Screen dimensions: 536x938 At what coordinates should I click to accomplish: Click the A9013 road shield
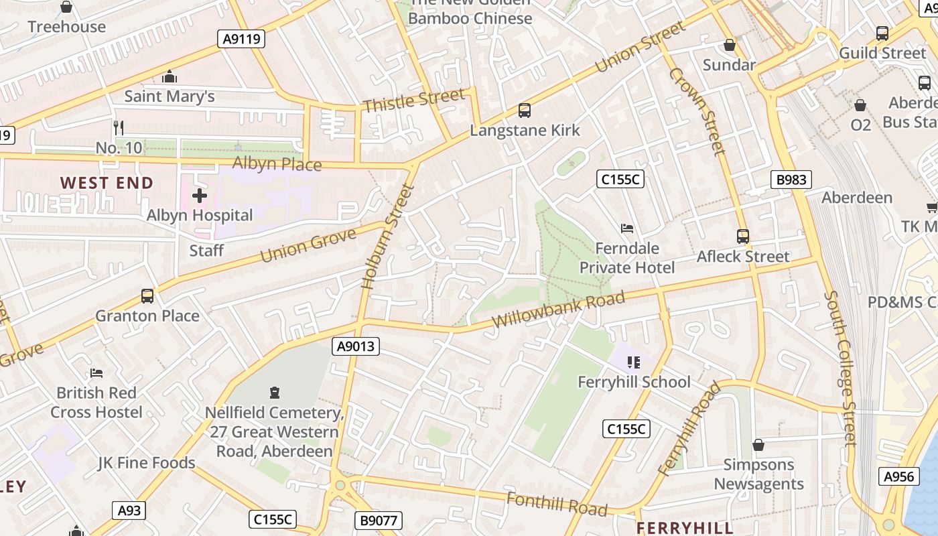tap(356, 346)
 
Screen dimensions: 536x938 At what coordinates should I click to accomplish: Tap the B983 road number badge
tap(791, 180)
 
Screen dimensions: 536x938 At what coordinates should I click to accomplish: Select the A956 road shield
tap(898, 476)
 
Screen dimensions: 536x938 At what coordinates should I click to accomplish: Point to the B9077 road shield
tap(377, 520)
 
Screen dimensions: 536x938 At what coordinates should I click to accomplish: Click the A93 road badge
tap(129, 511)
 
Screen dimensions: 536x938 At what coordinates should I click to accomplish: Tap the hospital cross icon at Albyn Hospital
tap(200, 196)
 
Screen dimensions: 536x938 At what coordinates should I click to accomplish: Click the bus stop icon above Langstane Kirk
tap(525, 111)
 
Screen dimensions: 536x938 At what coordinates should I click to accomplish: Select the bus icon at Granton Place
tap(147, 296)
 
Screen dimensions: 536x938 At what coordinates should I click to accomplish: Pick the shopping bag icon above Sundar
tap(729, 46)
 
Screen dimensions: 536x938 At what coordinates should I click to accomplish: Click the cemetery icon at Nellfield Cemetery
tap(274, 392)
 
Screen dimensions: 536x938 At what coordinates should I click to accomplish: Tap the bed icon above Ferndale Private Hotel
tap(627, 228)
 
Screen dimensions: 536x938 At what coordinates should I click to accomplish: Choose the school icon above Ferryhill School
tap(634, 362)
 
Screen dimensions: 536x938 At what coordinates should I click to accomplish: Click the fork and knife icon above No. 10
tap(119, 127)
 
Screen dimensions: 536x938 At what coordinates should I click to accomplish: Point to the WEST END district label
tap(107, 183)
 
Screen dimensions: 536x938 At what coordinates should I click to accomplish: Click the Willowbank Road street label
tap(558, 310)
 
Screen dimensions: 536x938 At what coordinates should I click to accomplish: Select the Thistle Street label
tap(413, 100)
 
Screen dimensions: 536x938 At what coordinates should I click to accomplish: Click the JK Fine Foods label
tap(146, 462)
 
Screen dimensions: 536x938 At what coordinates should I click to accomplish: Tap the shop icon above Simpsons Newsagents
tap(758, 445)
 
